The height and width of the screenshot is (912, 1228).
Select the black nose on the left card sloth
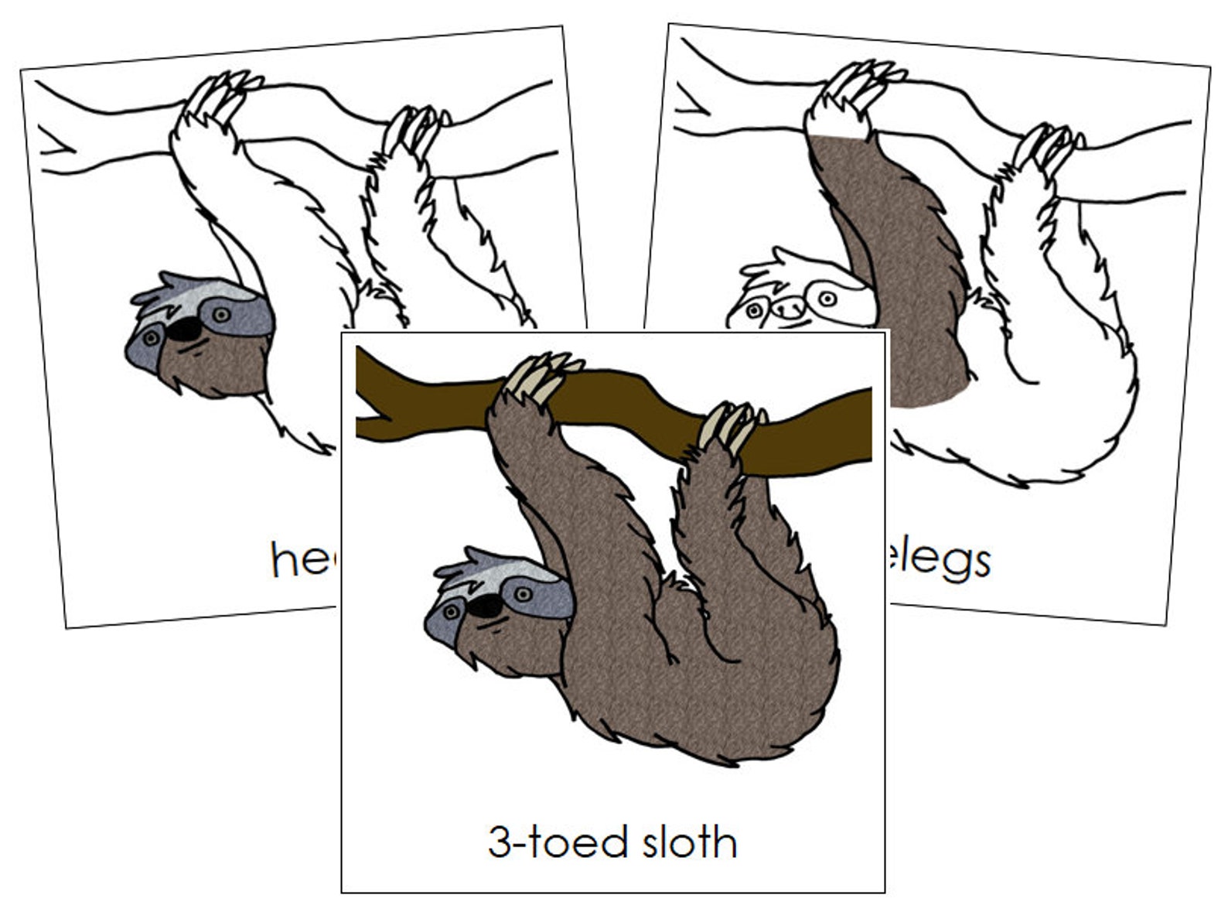(x=186, y=330)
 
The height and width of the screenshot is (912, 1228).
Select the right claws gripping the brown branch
(x=731, y=425)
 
